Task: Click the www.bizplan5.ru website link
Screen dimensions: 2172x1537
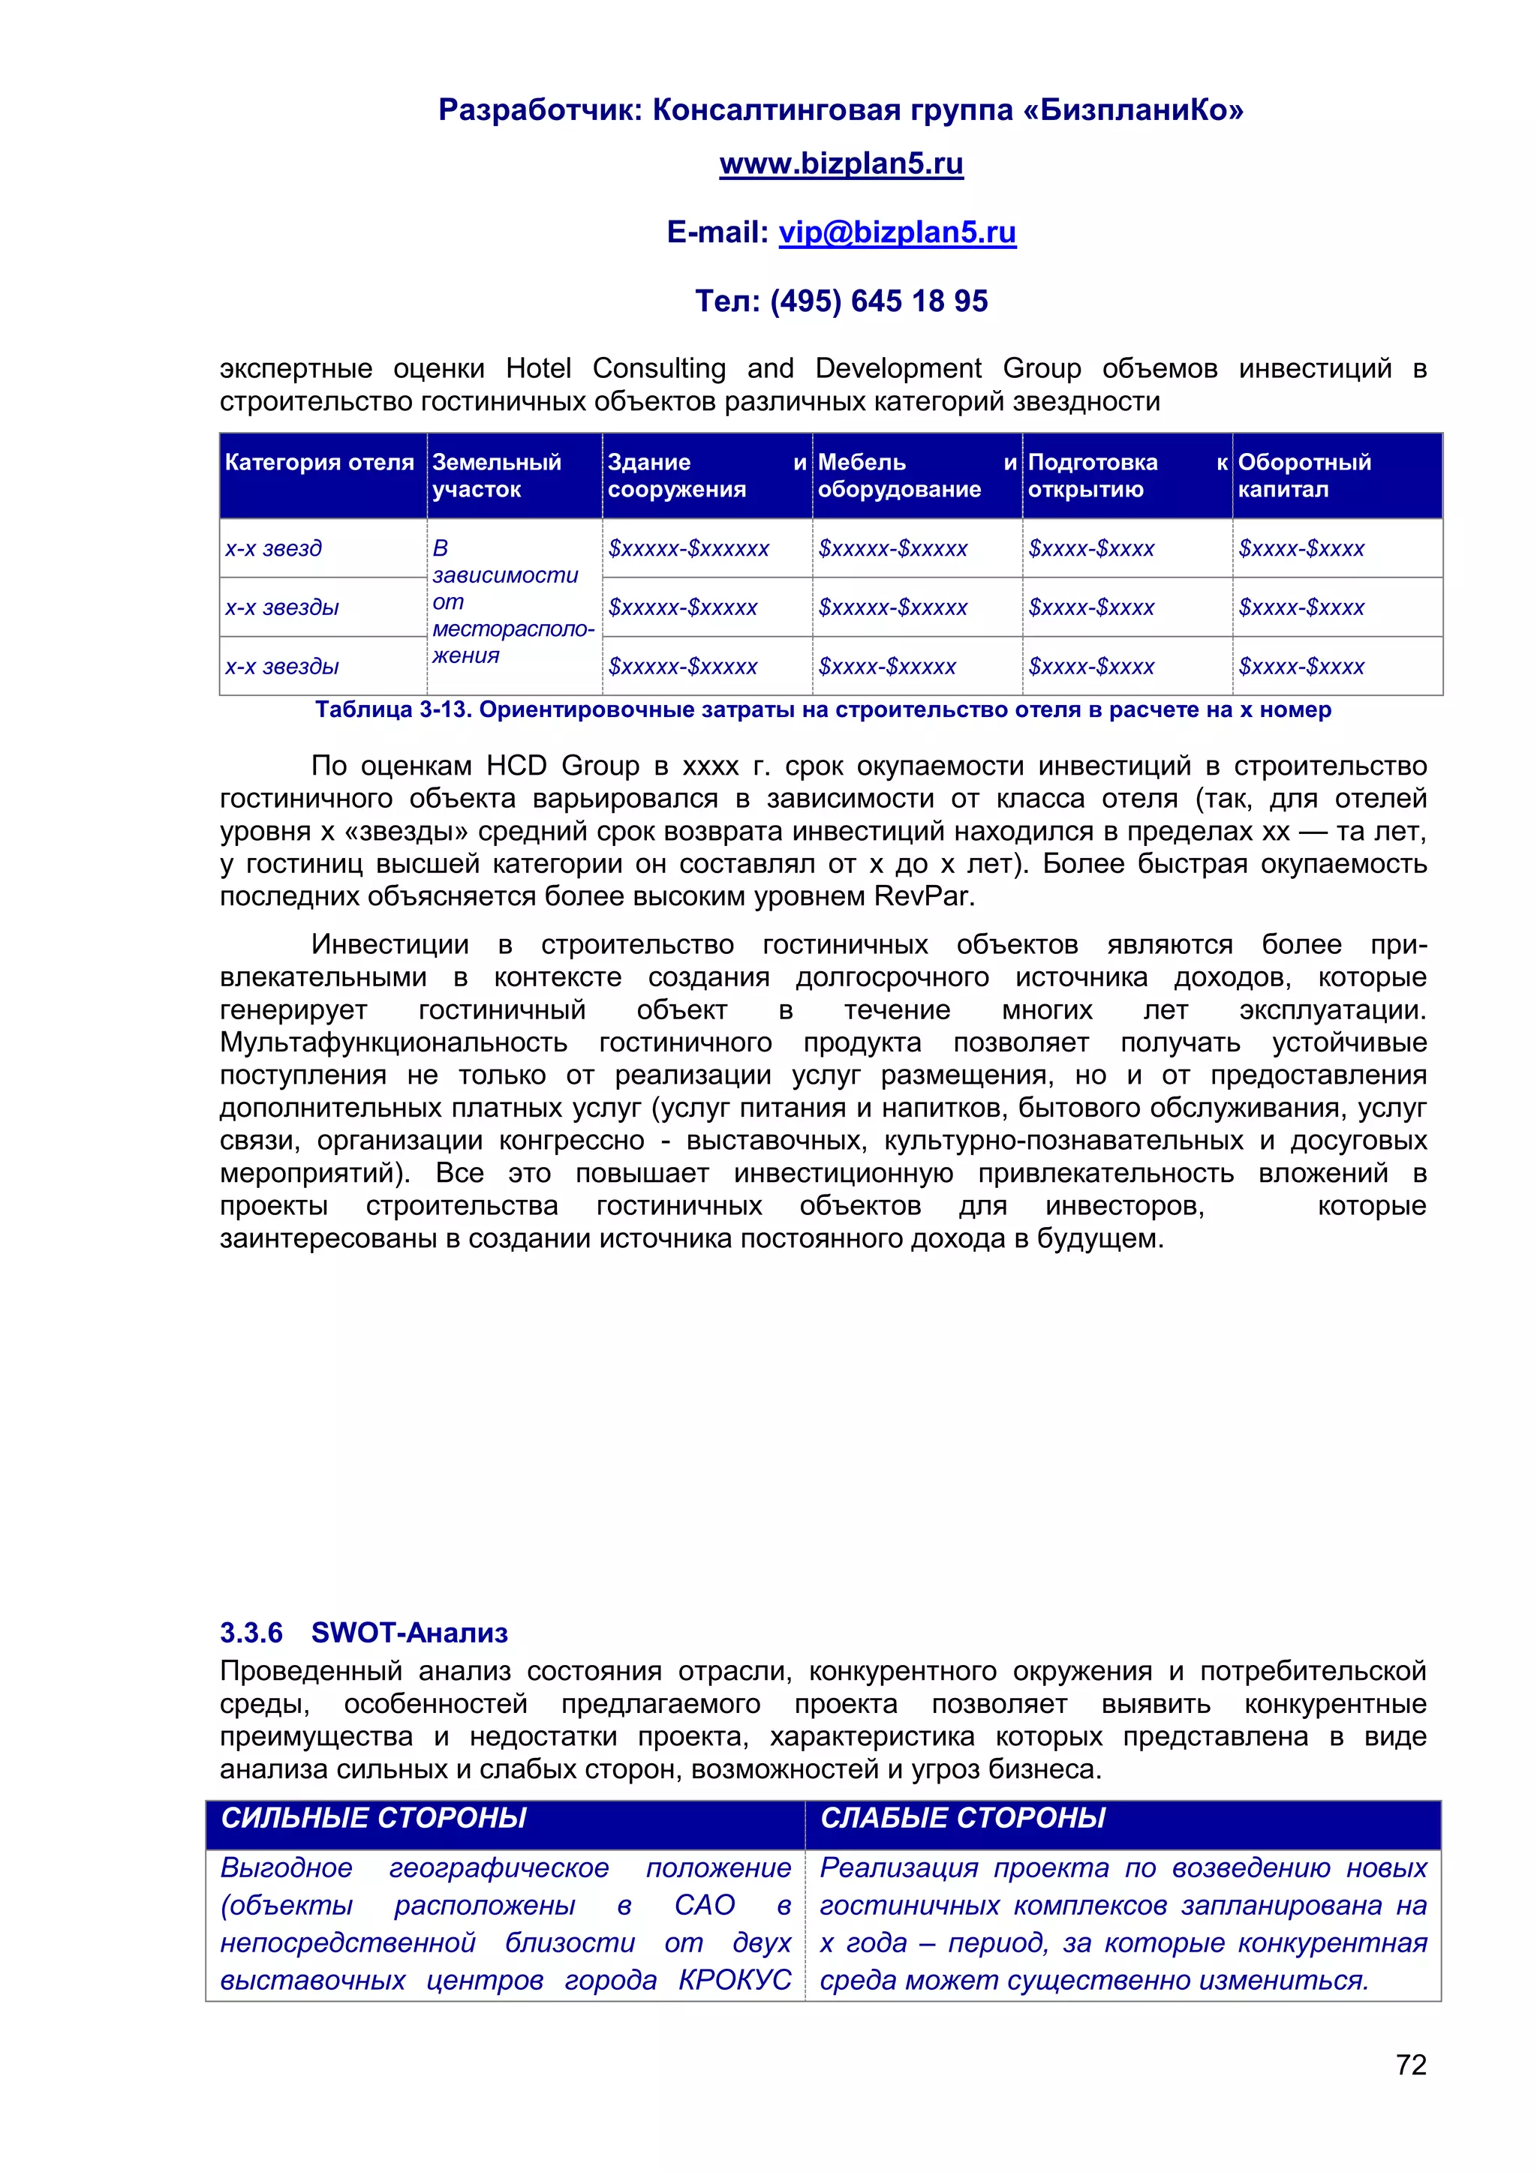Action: (841, 163)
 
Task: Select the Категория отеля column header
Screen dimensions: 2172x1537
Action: (319, 463)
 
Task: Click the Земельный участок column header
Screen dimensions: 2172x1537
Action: (496, 475)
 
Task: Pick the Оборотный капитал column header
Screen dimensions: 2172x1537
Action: (1304, 475)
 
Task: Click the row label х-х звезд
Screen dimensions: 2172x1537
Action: (273, 549)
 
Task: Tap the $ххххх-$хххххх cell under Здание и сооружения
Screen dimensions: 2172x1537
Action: (688, 549)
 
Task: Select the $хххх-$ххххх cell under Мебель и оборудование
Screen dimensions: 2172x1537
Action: (887, 667)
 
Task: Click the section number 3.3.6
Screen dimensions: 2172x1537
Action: (251, 1633)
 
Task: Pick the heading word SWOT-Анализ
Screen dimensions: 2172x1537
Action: (409, 1633)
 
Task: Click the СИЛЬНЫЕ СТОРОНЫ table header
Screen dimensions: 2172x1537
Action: (373, 1818)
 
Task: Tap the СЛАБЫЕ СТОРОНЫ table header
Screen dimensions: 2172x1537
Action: (963, 1818)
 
